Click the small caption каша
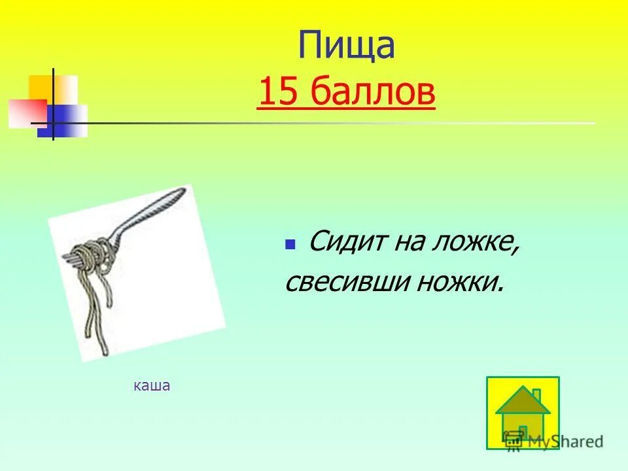tap(152, 386)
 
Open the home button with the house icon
tap(523, 413)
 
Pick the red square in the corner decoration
tap(26, 113)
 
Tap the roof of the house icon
tap(522, 401)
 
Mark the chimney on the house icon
tap(536, 394)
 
